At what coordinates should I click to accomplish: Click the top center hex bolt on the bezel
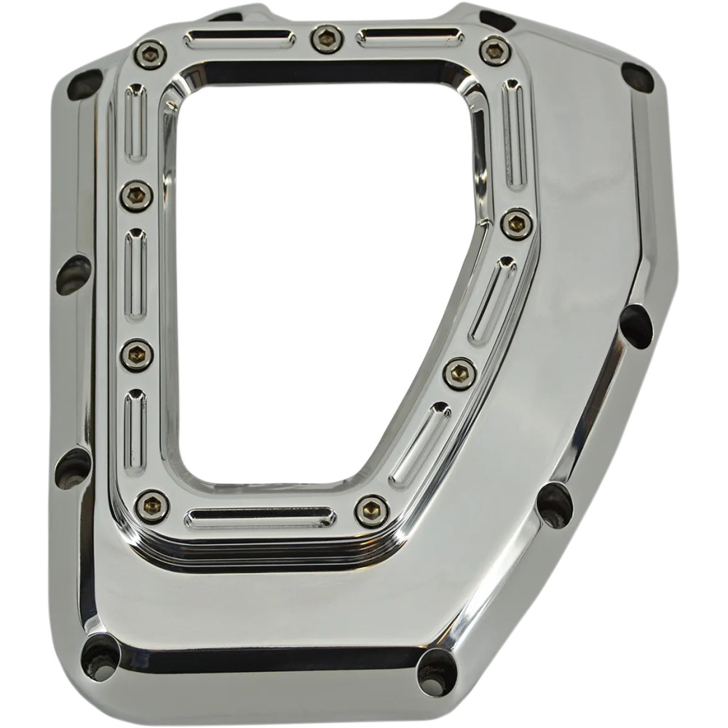[326, 39]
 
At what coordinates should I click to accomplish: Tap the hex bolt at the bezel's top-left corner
[149, 53]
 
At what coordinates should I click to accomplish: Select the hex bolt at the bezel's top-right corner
[495, 50]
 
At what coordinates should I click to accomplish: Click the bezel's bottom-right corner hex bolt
[372, 510]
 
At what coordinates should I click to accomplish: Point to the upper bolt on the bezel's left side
[137, 196]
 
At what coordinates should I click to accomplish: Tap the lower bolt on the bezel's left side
[137, 355]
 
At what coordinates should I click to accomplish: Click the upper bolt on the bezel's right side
[516, 223]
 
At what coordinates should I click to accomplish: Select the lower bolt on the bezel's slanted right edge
[460, 374]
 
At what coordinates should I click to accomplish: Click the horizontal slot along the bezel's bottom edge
[260, 518]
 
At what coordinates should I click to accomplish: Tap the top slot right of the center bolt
[410, 37]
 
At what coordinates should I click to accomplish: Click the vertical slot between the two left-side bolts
[135, 275]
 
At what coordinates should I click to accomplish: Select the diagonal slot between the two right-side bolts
[492, 300]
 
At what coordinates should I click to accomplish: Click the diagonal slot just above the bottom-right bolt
[419, 443]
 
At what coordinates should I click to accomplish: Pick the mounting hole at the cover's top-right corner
[637, 76]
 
